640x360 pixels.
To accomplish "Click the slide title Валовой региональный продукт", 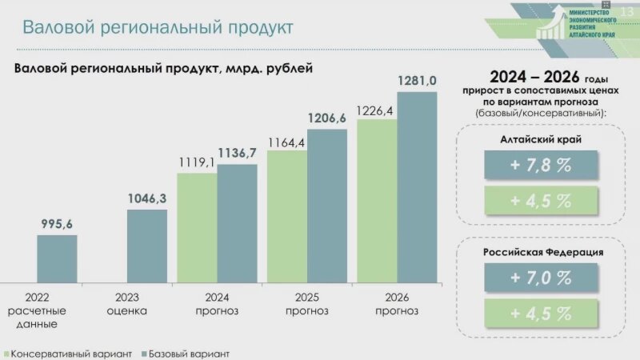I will [x=158, y=27].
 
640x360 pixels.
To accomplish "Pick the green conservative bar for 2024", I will [x=197, y=228].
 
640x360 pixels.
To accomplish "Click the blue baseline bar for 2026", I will [x=417, y=187].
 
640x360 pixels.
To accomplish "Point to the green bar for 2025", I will [x=287, y=217].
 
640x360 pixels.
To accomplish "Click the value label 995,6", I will [x=58, y=223].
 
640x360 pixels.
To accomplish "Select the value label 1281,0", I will [x=417, y=81].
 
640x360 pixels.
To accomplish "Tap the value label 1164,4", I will [x=286, y=143].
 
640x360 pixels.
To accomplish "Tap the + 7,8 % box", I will [x=541, y=165].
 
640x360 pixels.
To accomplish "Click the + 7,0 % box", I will [x=541, y=278].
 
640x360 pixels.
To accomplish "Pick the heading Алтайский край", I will [x=541, y=139].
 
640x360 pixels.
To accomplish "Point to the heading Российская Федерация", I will [x=542, y=252].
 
